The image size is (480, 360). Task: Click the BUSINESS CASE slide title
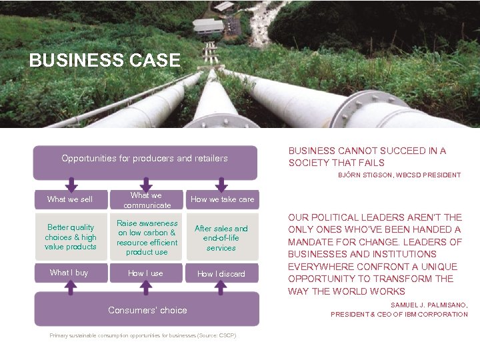point(105,61)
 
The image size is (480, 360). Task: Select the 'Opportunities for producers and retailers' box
point(145,159)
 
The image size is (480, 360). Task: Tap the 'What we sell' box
point(70,199)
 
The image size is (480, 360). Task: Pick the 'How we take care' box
point(222,199)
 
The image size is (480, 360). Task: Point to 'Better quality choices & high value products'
point(70,237)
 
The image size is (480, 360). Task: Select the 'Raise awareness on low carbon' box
point(147,237)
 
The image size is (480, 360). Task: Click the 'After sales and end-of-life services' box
point(221,238)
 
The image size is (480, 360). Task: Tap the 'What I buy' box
point(69,273)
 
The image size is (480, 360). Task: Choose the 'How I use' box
point(146,273)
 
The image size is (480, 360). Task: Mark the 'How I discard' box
point(222,274)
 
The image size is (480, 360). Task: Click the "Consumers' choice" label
point(147,310)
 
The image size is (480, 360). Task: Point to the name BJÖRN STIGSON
point(374,175)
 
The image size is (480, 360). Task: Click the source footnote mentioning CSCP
point(143,335)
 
